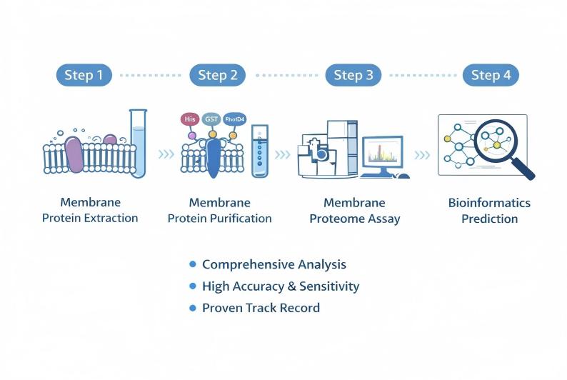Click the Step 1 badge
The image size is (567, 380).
click(x=84, y=74)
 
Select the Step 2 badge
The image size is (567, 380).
click(x=217, y=74)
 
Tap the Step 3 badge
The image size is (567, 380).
click(x=353, y=74)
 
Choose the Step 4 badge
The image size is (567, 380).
click(x=490, y=74)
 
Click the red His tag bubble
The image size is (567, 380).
click(x=190, y=119)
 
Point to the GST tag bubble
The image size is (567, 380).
click(x=212, y=119)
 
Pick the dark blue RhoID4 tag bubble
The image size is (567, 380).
click(x=234, y=119)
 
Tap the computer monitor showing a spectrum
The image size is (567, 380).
click(x=382, y=153)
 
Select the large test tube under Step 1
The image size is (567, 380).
click(x=138, y=143)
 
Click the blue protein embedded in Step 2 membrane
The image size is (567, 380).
click(x=214, y=157)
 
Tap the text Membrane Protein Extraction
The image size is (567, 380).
click(x=90, y=210)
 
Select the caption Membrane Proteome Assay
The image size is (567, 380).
click(x=354, y=210)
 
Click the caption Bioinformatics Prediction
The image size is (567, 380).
click(x=489, y=210)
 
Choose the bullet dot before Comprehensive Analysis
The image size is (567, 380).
click(x=192, y=264)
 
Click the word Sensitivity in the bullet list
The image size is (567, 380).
click(x=331, y=286)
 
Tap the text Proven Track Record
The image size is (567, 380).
click(x=261, y=308)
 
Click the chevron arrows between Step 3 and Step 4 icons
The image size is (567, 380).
click(x=423, y=154)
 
